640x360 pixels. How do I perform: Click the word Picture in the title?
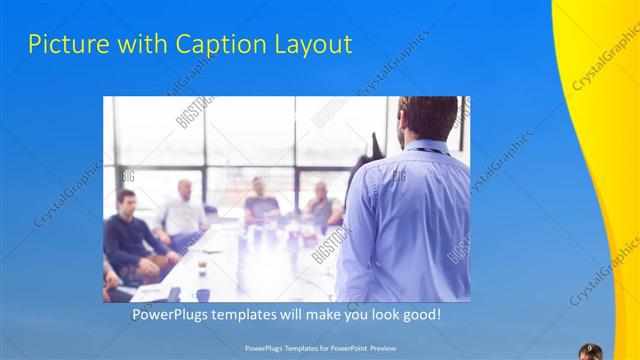point(63,44)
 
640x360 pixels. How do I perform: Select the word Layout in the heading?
point(317,44)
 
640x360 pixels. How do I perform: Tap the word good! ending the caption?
point(420,315)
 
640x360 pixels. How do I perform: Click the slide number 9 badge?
point(590,348)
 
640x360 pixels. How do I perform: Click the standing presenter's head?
point(427,119)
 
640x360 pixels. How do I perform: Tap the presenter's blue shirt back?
point(410,220)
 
